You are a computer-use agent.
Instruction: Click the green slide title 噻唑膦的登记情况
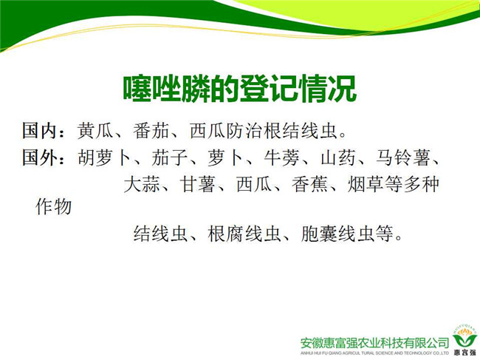tap(240, 88)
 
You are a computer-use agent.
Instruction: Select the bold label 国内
tap(39, 131)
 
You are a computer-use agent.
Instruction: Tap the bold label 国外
tap(39, 157)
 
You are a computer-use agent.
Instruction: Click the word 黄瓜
tap(95, 131)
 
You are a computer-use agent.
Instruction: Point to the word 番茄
tap(151, 131)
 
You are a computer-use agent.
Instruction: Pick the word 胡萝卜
tap(104, 158)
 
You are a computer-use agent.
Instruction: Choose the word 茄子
tap(170, 158)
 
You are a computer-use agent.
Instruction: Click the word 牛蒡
tap(282, 158)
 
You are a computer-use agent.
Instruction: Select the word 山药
tap(338, 158)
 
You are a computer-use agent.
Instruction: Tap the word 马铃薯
tap(403, 158)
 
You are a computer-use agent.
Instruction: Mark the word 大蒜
tap(142, 185)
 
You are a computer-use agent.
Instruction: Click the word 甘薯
tap(198, 185)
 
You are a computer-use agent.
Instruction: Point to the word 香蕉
tap(310, 185)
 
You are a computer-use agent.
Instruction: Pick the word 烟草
tap(366, 185)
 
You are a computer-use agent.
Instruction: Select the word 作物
tap(54, 206)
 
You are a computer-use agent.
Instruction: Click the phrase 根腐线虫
tap(244, 234)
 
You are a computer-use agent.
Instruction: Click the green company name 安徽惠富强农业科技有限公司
tap(374, 343)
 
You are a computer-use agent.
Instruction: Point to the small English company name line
tap(374, 353)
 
